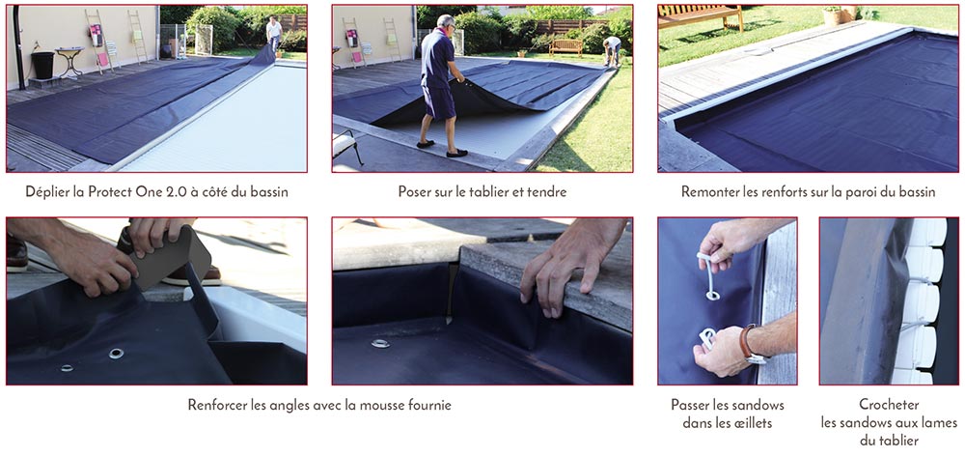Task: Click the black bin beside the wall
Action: [x=42, y=66]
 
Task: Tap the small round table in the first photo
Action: [x=69, y=57]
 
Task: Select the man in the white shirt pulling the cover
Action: [x=274, y=33]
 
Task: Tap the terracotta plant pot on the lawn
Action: [x=832, y=14]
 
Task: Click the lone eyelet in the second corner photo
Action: [x=380, y=343]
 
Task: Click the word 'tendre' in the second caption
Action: [x=546, y=191]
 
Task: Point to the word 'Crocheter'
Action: [x=889, y=405]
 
